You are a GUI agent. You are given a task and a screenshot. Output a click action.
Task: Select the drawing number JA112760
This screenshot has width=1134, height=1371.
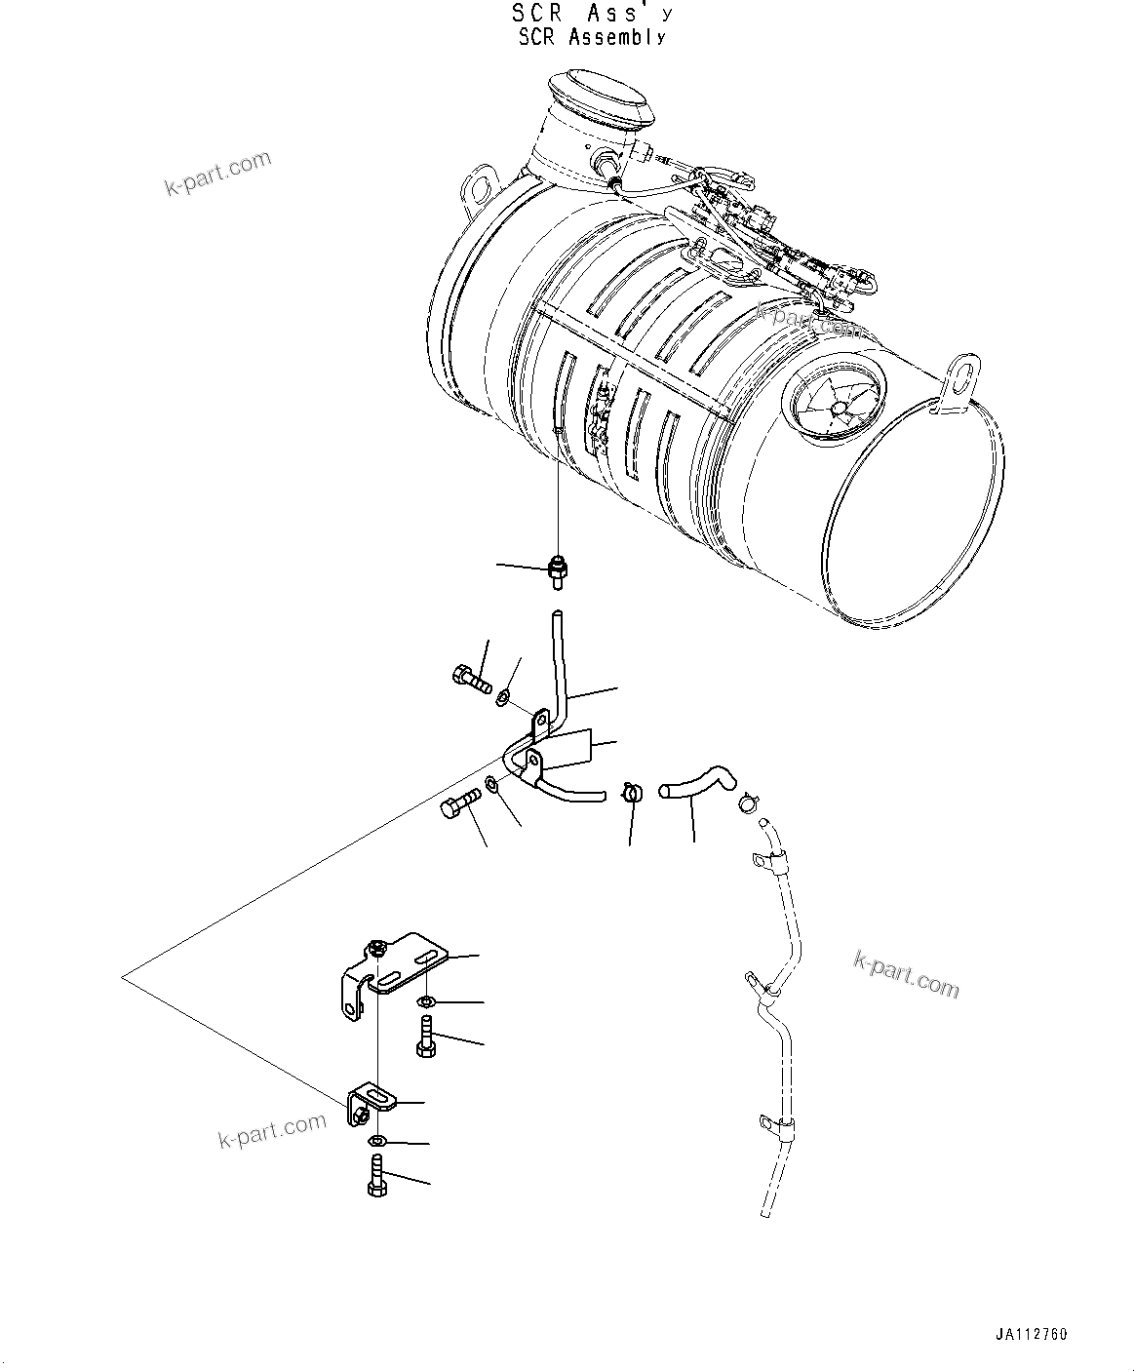click(x=1032, y=1335)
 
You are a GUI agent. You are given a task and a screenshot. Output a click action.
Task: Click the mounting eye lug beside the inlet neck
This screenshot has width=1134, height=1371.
click(x=479, y=186)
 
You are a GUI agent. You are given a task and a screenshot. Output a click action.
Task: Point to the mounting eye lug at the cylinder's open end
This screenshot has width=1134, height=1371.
click(x=959, y=377)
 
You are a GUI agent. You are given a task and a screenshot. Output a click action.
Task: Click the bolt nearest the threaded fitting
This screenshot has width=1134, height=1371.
click(x=471, y=675)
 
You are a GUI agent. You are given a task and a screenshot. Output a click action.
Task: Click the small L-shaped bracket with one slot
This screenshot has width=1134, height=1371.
click(x=371, y=1102)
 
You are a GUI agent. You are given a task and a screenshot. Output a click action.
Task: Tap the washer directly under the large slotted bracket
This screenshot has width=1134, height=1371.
click(x=426, y=1002)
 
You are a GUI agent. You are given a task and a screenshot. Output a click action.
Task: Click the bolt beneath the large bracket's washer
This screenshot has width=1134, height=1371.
click(x=425, y=1036)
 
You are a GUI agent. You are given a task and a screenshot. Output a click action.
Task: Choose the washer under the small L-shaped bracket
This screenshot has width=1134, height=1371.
click(x=377, y=1141)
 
